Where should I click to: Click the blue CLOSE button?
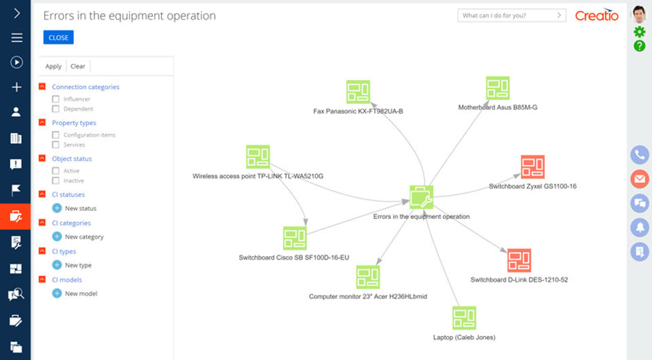[58, 37]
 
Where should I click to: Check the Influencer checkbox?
[56, 99]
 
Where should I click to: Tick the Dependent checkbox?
[56, 109]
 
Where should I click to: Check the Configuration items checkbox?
[56, 135]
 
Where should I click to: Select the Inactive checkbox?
[56, 181]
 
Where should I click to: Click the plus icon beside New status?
[57, 208]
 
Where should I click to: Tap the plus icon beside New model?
[57, 293]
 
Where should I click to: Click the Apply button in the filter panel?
[53, 67]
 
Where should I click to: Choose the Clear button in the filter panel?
[78, 67]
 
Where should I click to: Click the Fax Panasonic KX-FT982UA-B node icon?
[358, 92]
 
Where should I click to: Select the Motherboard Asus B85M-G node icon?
[498, 88]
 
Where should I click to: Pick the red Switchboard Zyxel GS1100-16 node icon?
[532, 167]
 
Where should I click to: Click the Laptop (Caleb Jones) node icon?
[464, 318]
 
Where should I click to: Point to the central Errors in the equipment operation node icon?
[421, 198]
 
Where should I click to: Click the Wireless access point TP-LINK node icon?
[258, 157]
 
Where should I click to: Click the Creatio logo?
[596, 15]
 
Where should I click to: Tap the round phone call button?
[639, 155]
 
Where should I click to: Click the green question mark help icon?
[639, 46]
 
